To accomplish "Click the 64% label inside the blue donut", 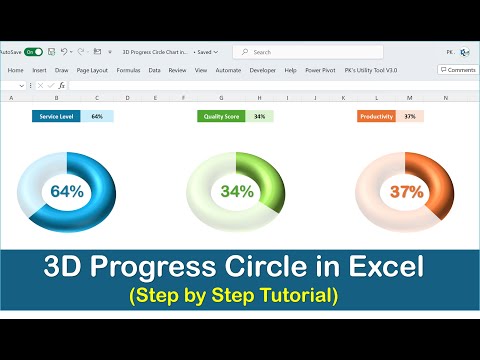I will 67,191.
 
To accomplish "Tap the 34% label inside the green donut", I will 237,191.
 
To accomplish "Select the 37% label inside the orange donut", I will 407,191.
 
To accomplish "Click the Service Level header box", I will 56,116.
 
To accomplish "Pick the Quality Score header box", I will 223,116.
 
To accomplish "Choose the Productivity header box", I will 377,116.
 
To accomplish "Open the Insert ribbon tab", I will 39,70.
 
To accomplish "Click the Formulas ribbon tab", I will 128,70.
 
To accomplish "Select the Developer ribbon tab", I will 263,70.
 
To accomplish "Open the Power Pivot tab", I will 321,70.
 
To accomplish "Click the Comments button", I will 458,70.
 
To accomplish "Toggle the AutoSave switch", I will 34,51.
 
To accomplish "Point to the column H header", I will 259,98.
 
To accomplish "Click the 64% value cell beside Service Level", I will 97,116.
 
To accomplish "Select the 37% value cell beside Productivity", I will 410,116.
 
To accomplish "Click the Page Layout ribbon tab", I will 93,70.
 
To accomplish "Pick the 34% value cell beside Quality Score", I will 260,116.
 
